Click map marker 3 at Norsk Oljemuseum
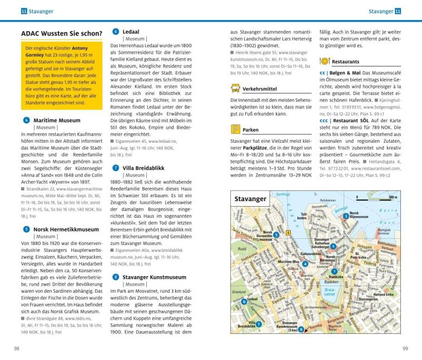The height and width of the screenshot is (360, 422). [345, 216]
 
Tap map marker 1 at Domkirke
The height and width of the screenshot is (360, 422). [334, 271]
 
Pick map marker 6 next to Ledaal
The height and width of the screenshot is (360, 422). [244, 302]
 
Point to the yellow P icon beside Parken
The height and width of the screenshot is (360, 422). [235, 129]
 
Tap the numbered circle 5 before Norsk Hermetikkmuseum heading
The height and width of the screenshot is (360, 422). [26, 229]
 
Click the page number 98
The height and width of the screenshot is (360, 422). [17, 348]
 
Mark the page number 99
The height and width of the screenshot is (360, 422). [405, 348]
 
